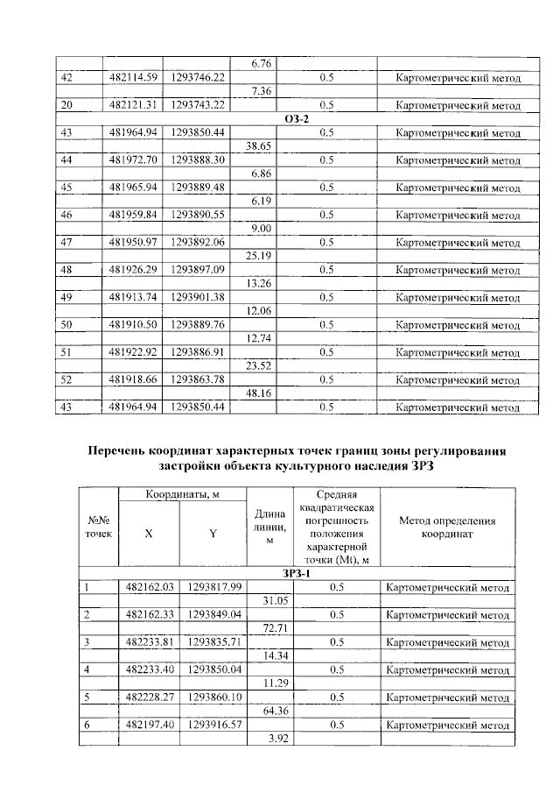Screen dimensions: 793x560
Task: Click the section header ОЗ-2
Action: point(297,119)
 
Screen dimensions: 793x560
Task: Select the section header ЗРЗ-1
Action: point(295,574)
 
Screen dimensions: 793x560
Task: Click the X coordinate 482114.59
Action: point(133,78)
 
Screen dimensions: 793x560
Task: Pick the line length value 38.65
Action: point(262,146)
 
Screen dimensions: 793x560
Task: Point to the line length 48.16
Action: point(262,394)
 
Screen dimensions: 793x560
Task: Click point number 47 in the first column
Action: point(66,243)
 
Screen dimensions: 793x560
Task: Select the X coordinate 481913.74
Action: point(133,297)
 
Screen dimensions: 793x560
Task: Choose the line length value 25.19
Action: point(262,257)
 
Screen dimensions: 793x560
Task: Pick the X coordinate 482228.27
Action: point(148,697)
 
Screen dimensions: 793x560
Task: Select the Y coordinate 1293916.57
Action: point(213,725)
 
